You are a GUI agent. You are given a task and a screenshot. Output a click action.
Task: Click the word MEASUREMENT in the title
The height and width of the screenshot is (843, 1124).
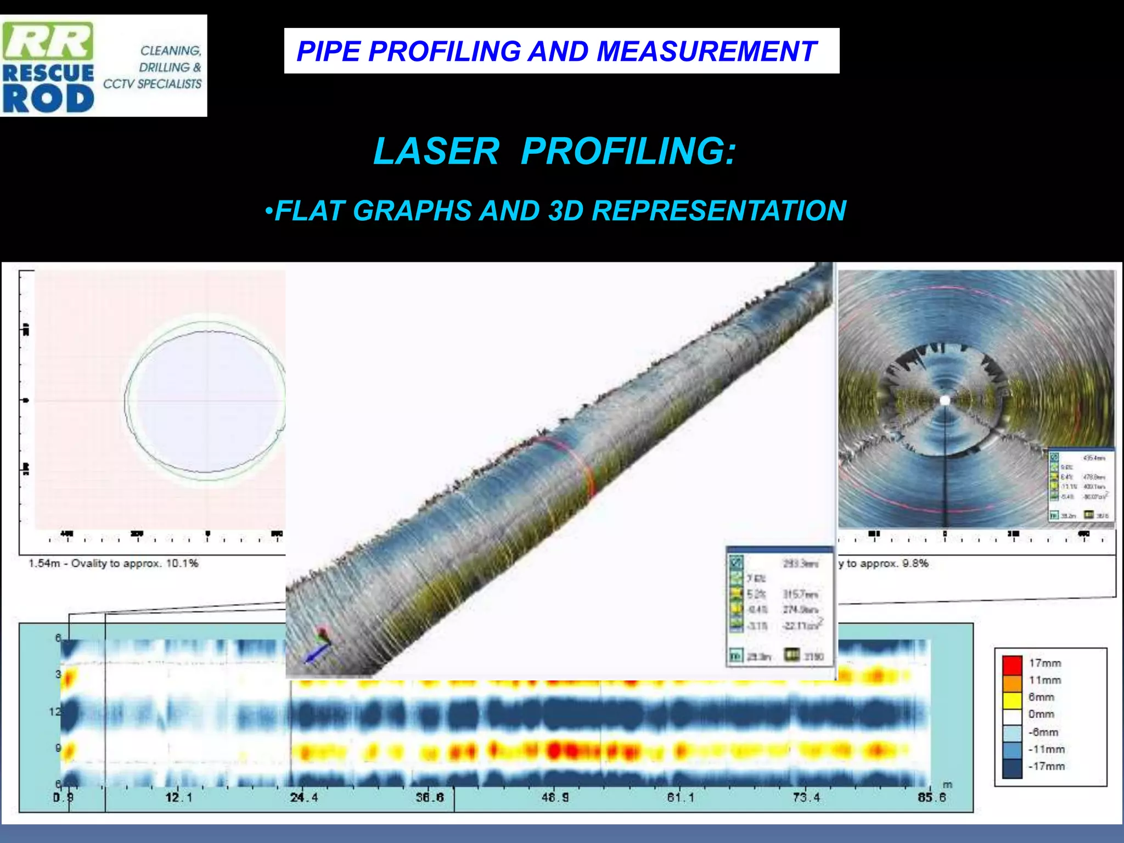[706, 52]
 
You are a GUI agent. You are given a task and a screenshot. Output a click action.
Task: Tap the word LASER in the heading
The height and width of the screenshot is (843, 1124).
[436, 151]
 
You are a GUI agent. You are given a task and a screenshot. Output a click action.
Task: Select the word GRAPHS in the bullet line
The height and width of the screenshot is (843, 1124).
[412, 211]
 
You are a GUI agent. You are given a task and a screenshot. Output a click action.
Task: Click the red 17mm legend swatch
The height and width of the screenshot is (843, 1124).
[1012, 664]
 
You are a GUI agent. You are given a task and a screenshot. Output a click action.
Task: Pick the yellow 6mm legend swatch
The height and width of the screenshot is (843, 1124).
[1012, 698]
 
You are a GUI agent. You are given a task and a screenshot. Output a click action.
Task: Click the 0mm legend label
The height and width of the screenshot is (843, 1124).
[1041, 715]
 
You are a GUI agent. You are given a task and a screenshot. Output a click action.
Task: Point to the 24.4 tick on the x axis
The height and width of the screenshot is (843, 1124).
[304, 797]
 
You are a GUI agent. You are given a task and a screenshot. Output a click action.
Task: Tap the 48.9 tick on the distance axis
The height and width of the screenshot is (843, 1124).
[555, 797]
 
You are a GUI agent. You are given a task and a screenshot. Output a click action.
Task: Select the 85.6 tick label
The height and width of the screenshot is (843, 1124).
[931, 797]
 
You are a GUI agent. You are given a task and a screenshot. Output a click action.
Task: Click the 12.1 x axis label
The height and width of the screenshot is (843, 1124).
[178, 797]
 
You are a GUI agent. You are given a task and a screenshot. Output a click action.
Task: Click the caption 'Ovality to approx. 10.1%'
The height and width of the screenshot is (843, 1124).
[134, 564]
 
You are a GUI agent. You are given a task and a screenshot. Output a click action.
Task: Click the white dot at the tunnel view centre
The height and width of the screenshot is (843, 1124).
[945, 401]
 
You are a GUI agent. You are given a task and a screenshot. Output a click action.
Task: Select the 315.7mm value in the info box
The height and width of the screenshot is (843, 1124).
[800, 594]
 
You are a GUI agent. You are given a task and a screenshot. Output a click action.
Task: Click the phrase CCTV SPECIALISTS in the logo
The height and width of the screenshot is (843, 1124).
[153, 84]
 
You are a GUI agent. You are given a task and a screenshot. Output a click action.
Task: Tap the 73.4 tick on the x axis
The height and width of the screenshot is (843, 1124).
[806, 797]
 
